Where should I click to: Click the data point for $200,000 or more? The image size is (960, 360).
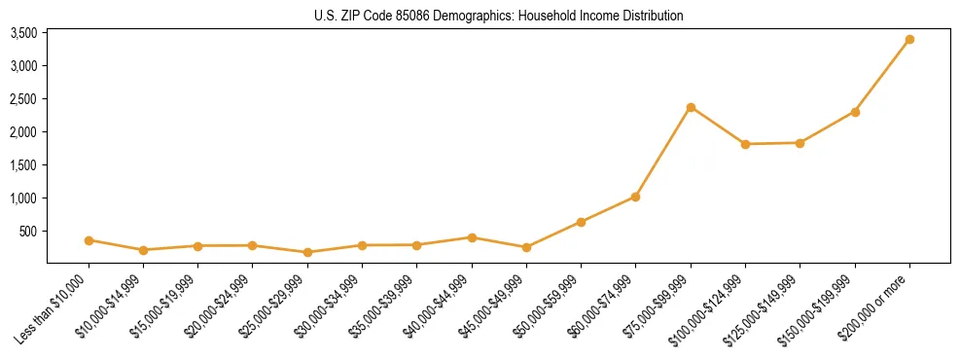(x=909, y=40)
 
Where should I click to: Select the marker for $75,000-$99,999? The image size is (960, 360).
(x=691, y=107)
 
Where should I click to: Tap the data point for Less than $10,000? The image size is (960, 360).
(x=89, y=240)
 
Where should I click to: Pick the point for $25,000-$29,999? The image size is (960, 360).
(x=307, y=252)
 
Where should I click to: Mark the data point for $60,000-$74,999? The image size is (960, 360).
(x=635, y=197)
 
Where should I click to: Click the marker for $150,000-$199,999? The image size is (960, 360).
(x=855, y=112)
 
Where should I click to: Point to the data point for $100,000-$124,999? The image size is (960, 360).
(x=745, y=144)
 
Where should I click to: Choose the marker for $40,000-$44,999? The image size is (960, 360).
(x=472, y=237)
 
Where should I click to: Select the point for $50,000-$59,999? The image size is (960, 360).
(x=581, y=222)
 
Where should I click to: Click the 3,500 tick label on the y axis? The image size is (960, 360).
(x=23, y=33)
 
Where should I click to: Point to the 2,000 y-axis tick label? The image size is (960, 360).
(x=23, y=132)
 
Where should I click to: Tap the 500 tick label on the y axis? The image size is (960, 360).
(x=28, y=232)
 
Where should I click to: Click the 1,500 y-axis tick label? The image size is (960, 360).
(x=23, y=165)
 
